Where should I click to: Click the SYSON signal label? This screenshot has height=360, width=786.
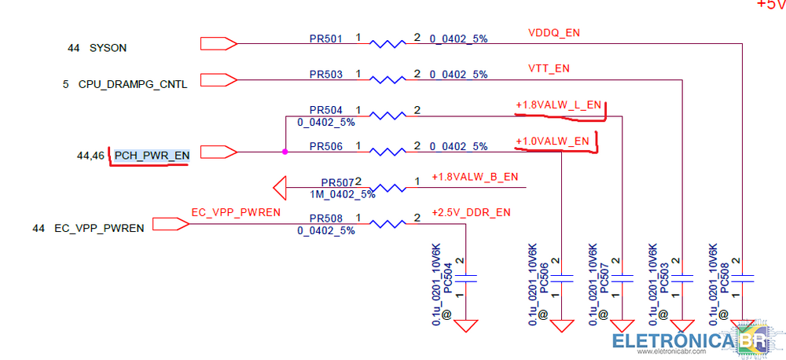coord(108,48)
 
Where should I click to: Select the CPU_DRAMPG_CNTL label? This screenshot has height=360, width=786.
coord(132,83)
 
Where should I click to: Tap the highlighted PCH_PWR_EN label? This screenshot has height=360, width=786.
coord(152,156)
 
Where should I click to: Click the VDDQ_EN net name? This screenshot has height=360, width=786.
coord(554,33)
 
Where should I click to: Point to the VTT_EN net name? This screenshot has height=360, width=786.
coord(549,68)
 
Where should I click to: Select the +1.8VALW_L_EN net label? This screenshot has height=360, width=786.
coord(558,105)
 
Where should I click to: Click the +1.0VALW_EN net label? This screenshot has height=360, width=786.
coord(552,141)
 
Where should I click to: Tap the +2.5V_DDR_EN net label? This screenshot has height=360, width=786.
coord(471,212)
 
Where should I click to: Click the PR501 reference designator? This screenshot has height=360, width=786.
coord(325,39)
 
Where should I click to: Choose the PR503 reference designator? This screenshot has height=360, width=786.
coord(325,75)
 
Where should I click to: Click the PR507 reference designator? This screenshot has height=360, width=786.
coord(337,182)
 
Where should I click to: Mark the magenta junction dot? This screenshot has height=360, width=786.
coord(285,151)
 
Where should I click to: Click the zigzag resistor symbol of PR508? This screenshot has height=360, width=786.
coord(387,224)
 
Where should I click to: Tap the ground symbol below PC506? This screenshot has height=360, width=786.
coord(563,325)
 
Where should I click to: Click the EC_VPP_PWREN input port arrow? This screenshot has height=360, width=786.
coord(170,224)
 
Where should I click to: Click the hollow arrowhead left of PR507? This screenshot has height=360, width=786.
coord(279,188)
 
